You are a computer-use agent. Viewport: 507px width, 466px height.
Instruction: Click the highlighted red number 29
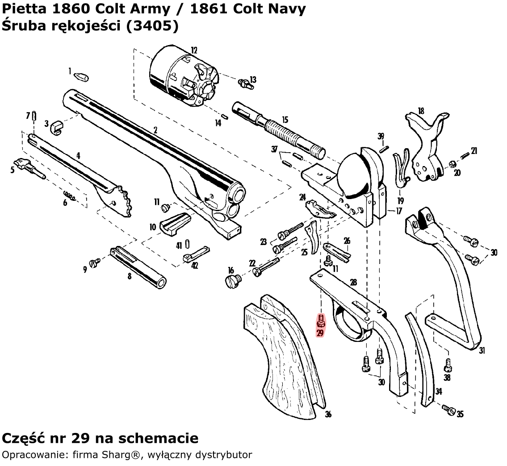coord(321,333)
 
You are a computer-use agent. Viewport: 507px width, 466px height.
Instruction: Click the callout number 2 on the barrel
coord(155,130)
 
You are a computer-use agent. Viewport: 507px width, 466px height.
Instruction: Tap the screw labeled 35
coord(449,409)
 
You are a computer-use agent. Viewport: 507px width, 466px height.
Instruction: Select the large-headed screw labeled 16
coord(233,281)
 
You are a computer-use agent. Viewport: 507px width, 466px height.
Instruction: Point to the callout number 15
coord(285,120)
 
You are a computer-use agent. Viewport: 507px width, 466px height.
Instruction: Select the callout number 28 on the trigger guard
coord(353,282)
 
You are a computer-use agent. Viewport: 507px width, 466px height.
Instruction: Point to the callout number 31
coord(482,351)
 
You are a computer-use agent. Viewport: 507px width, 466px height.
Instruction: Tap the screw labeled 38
coord(447,367)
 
